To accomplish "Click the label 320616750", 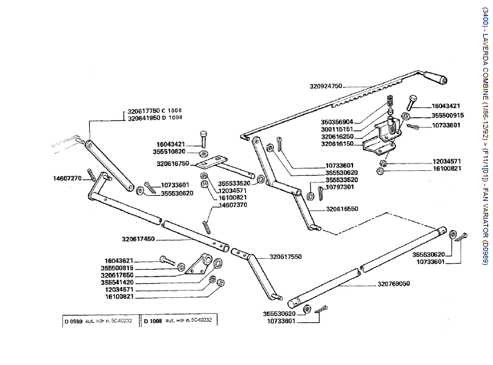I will tap(172, 164).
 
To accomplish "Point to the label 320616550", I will tap(342, 209).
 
